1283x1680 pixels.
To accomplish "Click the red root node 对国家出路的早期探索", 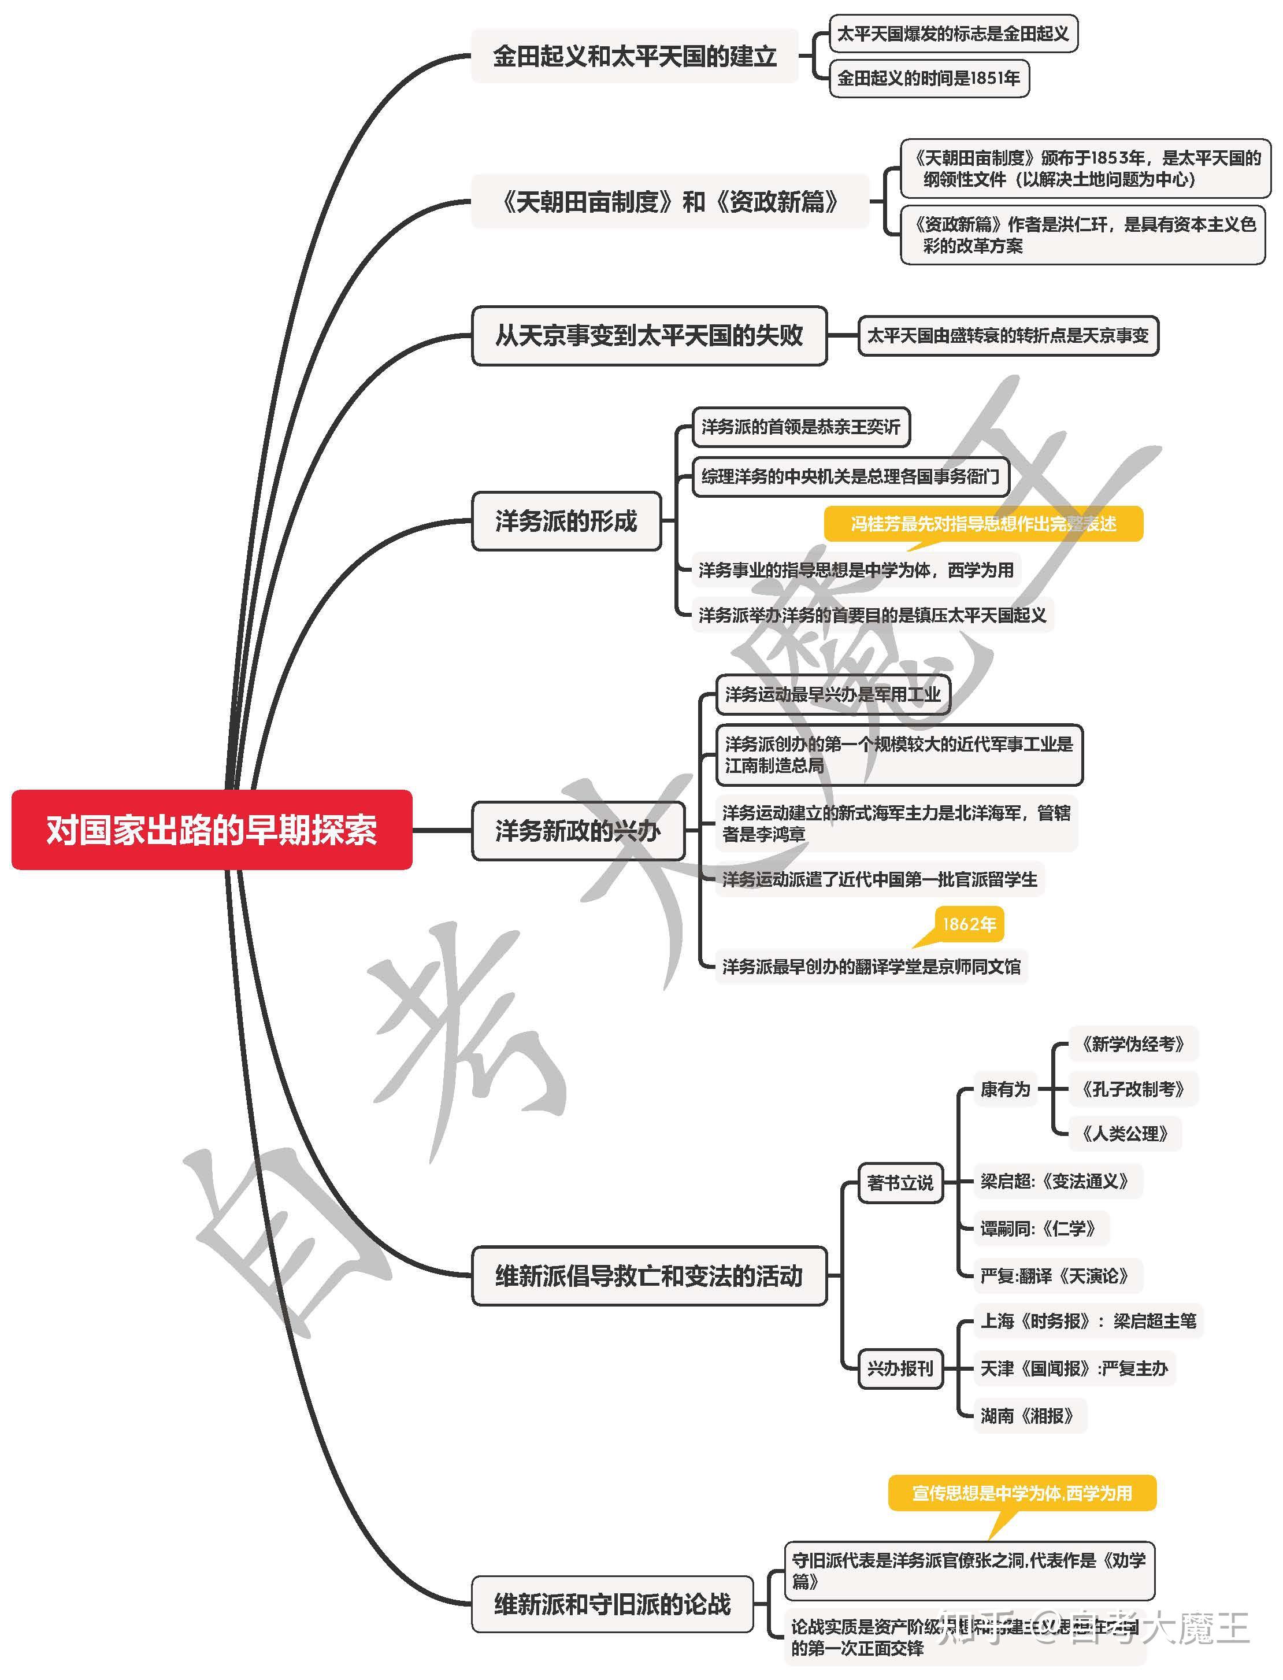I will click(x=212, y=830).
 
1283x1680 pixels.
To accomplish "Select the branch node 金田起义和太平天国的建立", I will click(x=635, y=55).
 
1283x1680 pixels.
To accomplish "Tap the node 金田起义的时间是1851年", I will click(x=929, y=78).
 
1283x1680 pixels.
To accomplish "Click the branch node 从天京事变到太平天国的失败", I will click(x=649, y=335).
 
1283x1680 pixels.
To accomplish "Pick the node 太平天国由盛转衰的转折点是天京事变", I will click(x=1008, y=335).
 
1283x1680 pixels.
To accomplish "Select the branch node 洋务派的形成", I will click(x=566, y=521).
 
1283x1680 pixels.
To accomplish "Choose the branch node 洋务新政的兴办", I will click(x=577, y=830).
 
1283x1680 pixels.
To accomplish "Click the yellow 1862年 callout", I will click(x=969, y=924).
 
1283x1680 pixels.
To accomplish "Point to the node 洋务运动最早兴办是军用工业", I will click(x=832, y=694).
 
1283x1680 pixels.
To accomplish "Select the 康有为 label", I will click(x=1005, y=1089).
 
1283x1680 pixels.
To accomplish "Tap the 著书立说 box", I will click(x=900, y=1183).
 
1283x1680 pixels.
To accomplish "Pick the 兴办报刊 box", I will click(x=900, y=1368).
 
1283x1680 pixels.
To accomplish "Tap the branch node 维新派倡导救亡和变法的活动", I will click(x=649, y=1276).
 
